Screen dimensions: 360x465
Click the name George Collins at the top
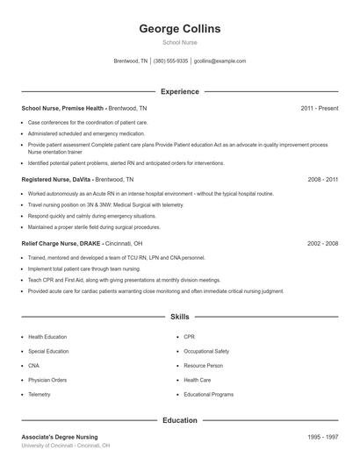(x=180, y=28)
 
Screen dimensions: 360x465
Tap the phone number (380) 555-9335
(x=170, y=61)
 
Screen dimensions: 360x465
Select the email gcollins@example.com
(x=220, y=61)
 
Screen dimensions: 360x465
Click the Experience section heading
(x=180, y=91)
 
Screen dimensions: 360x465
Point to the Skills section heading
(x=180, y=316)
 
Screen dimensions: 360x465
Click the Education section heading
(x=180, y=420)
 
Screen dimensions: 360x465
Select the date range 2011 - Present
(x=319, y=108)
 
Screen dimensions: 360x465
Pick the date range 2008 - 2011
(x=322, y=179)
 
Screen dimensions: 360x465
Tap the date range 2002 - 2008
(x=322, y=243)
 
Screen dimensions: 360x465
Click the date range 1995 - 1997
(x=322, y=437)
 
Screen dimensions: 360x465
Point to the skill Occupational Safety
(x=206, y=351)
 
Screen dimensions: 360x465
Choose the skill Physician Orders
(x=47, y=380)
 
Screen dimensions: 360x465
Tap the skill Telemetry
(x=40, y=395)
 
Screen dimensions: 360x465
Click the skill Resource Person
(x=203, y=365)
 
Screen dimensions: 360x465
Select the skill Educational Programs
(x=208, y=395)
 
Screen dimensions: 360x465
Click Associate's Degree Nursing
(x=60, y=437)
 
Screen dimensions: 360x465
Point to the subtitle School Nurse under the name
(x=180, y=43)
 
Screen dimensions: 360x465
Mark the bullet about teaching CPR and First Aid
(x=124, y=280)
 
